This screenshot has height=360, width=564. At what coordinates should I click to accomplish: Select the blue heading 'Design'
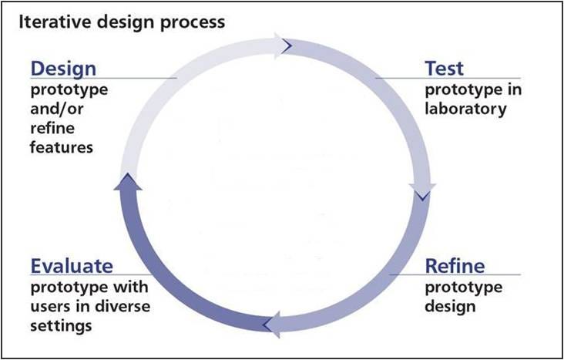point(63,68)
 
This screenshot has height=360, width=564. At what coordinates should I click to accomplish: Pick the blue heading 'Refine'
point(455,266)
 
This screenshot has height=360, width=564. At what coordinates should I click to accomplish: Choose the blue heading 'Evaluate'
point(72,266)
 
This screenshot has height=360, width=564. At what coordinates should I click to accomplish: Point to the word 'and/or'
point(57,109)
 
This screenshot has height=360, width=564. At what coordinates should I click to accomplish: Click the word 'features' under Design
point(62,146)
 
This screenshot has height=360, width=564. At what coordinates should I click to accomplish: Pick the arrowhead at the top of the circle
point(285,45)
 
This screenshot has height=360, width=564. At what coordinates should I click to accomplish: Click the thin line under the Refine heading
point(455,275)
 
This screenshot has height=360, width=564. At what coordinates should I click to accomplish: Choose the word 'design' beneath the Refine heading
point(450,307)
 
